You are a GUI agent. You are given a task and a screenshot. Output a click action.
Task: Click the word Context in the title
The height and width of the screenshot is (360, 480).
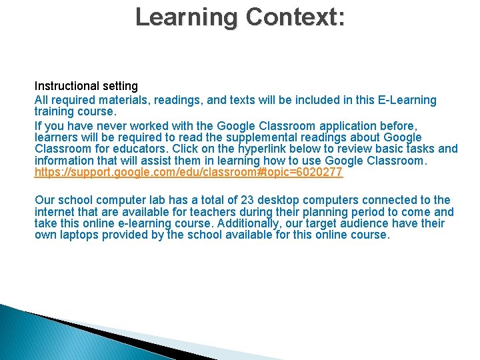tap(295, 16)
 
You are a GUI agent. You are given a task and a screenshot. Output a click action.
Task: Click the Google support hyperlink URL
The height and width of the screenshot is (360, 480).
tap(189, 173)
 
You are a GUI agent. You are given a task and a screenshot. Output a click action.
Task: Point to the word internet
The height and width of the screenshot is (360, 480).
tap(55, 212)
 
